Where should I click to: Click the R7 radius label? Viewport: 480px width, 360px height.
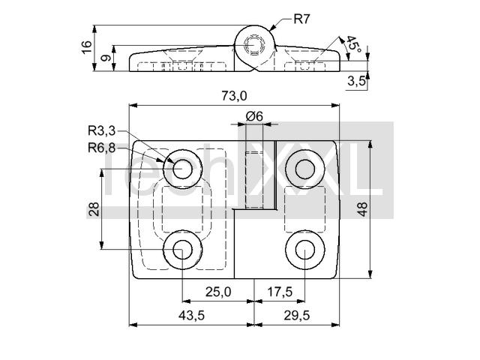(x=301, y=19)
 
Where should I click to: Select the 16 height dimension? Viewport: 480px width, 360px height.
(x=87, y=47)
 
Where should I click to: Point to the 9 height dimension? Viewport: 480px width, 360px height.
(x=106, y=58)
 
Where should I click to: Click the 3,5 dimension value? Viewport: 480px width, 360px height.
(x=356, y=81)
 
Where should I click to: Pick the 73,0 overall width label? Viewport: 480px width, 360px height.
(x=234, y=96)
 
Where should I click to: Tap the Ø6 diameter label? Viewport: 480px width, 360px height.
(x=254, y=116)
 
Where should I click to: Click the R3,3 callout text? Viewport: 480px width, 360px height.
(x=102, y=131)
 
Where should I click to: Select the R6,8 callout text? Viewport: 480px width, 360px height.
(x=102, y=148)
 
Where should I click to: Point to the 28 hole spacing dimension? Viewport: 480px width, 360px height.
(x=94, y=209)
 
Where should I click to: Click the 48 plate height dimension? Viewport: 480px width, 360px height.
(x=362, y=209)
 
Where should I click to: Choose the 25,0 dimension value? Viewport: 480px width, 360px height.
(x=218, y=292)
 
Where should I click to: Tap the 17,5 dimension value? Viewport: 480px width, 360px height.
(x=280, y=292)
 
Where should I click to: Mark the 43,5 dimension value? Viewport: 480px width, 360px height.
(x=192, y=315)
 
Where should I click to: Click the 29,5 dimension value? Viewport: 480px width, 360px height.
(x=297, y=315)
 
